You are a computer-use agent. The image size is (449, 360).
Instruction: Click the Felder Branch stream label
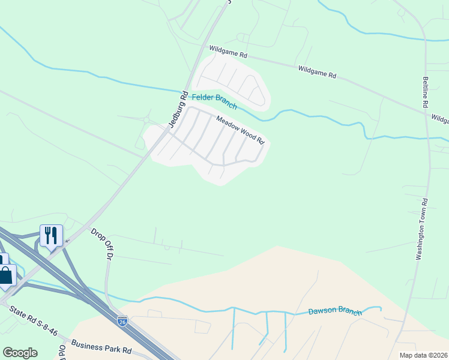tap(214, 101)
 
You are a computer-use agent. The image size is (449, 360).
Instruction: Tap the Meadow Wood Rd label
tap(240, 130)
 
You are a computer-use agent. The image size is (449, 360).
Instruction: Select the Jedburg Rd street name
tap(179, 110)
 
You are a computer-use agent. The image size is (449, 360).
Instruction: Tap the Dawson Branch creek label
tap(335, 311)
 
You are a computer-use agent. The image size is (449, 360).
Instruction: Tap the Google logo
tap(20, 353)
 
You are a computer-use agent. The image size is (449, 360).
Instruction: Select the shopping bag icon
tap(5, 275)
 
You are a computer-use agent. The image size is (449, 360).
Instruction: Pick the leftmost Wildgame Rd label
tap(228, 53)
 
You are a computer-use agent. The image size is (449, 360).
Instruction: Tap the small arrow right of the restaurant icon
tap(66, 241)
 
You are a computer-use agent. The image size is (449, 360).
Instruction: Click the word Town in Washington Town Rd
tap(421, 229)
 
